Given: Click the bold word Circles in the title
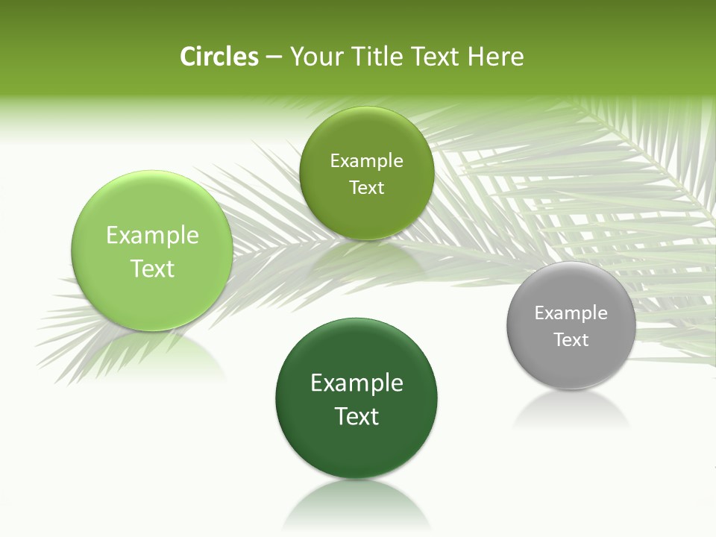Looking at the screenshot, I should (219, 57).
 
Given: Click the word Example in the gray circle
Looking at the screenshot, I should (571, 313).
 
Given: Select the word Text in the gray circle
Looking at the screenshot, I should (571, 340).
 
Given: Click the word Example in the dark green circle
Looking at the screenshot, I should (357, 383).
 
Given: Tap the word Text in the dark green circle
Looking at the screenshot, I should (357, 416).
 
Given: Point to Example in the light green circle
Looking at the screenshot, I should (152, 236).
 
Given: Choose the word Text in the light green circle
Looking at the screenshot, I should (152, 268).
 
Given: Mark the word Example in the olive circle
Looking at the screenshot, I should (366, 161).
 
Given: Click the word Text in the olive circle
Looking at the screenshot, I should (366, 188).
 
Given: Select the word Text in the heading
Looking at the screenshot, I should (436, 57).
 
